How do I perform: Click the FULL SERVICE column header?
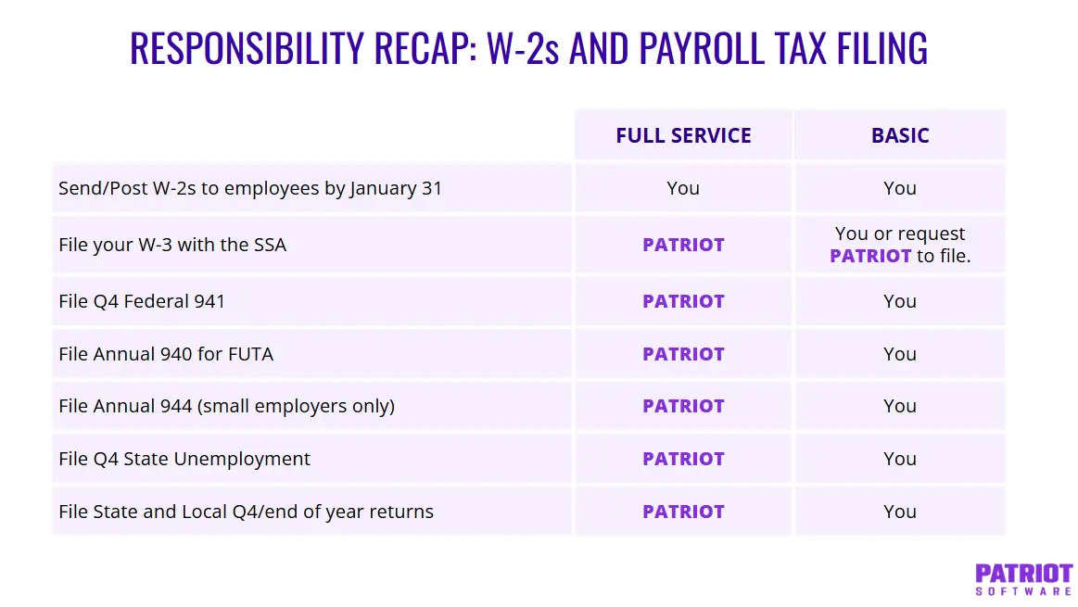[x=683, y=135]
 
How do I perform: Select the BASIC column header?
[x=899, y=135]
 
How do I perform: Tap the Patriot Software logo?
[x=1023, y=578]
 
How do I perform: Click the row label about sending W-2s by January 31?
[x=250, y=188]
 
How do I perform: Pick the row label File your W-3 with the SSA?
[x=172, y=246]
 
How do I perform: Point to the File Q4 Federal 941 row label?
[x=142, y=301]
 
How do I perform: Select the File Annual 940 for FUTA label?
[x=166, y=354]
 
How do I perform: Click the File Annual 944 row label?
[x=226, y=406]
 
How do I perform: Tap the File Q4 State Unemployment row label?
[x=184, y=459]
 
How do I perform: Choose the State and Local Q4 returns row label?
[x=246, y=512]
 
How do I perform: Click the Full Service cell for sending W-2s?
[x=683, y=188]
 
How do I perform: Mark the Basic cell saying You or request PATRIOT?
[x=899, y=245]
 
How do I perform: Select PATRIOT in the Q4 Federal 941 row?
[x=683, y=301]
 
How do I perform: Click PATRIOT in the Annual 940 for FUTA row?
[x=683, y=354]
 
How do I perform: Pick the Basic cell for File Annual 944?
[x=899, y=406]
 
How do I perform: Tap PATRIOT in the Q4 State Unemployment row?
[x=683, y=459]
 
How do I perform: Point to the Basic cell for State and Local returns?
[x=899, y=512]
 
